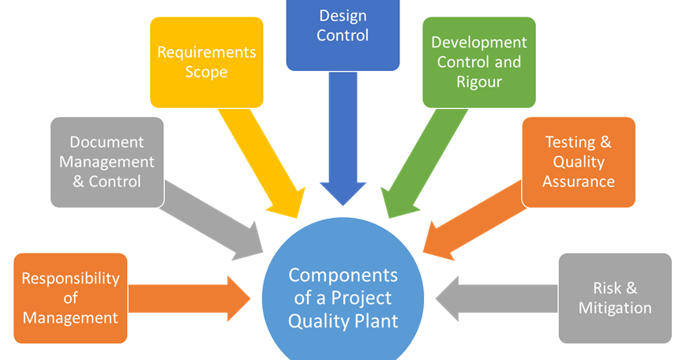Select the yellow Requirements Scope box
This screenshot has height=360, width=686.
pyautogui.click(x=206, y=62)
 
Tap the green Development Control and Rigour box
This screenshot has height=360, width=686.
pyautogui.click(x=478, y=62)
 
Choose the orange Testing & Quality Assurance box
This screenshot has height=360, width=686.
pyautogui.click(x=578, y=162)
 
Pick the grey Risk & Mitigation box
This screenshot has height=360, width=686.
pyautogui.click(x=615, y=298)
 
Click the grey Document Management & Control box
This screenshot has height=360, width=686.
pyautogui.click(x=107, y=162)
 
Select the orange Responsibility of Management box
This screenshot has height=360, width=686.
pyautogui.click(x=70, y=298)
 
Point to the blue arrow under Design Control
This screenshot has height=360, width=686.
pyautogui.click(x=343, y=142)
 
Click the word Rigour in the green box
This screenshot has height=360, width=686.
pyautogui.click(x=478, y=81)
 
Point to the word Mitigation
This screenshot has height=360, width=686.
pyautogui.click(x=615, y=308)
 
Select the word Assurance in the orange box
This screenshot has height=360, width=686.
pyautogui.click(x=578, y=181)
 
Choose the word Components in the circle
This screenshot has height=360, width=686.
pyautogui.click(x=343, y=276)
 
